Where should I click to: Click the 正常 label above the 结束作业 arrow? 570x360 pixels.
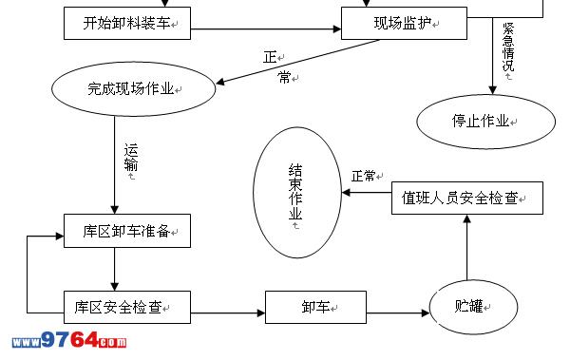[363, 177]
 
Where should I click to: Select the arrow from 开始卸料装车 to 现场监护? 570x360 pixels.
[266, 29]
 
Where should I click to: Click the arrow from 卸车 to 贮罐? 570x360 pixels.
[398, 313]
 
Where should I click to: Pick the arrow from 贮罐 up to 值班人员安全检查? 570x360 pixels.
[467, 247]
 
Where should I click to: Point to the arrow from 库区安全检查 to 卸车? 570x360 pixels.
[228, 313]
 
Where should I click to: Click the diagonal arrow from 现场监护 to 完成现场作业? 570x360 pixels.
[297, 62]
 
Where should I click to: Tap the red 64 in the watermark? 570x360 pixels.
[85, 340]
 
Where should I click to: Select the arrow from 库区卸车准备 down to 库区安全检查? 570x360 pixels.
[115, 270]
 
